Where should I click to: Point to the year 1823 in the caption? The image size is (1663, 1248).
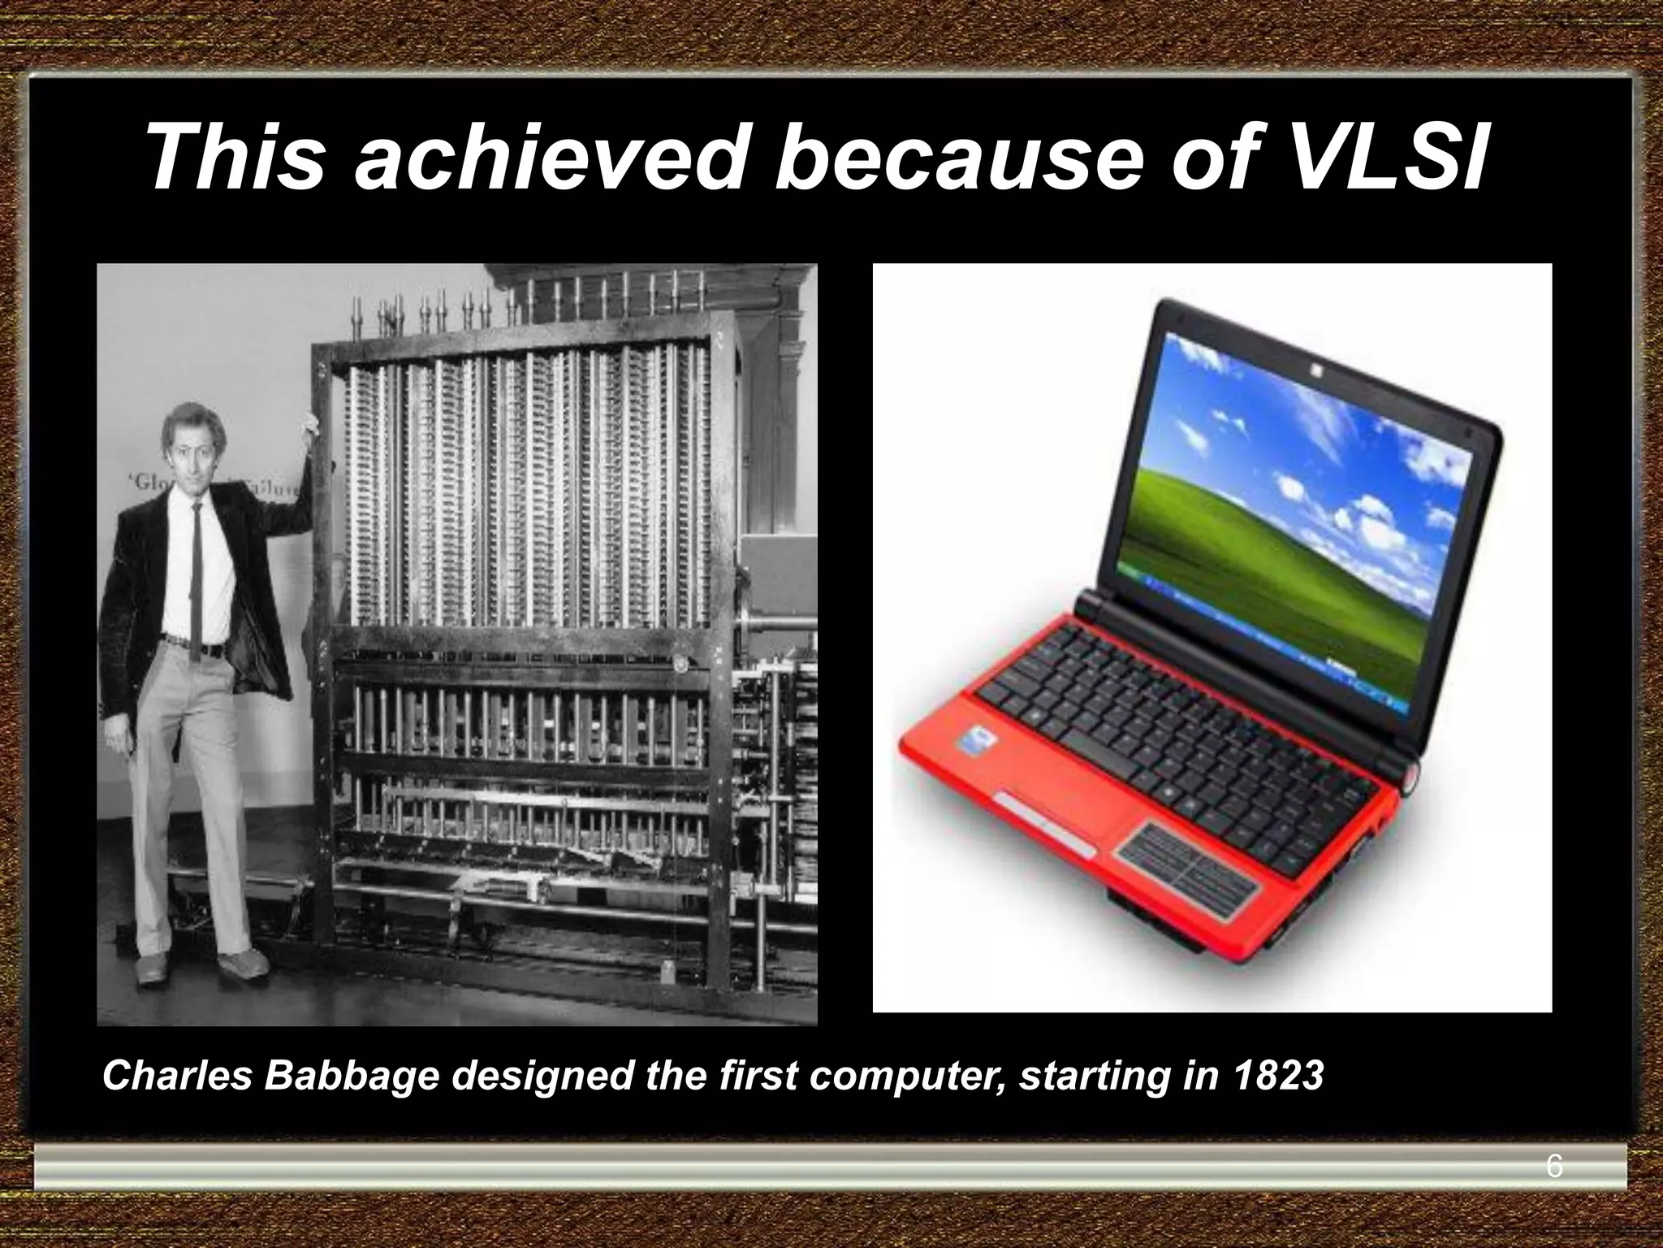click(x=1278, y=1076)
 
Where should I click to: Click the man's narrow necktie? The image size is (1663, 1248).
click(x=197, y=569)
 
